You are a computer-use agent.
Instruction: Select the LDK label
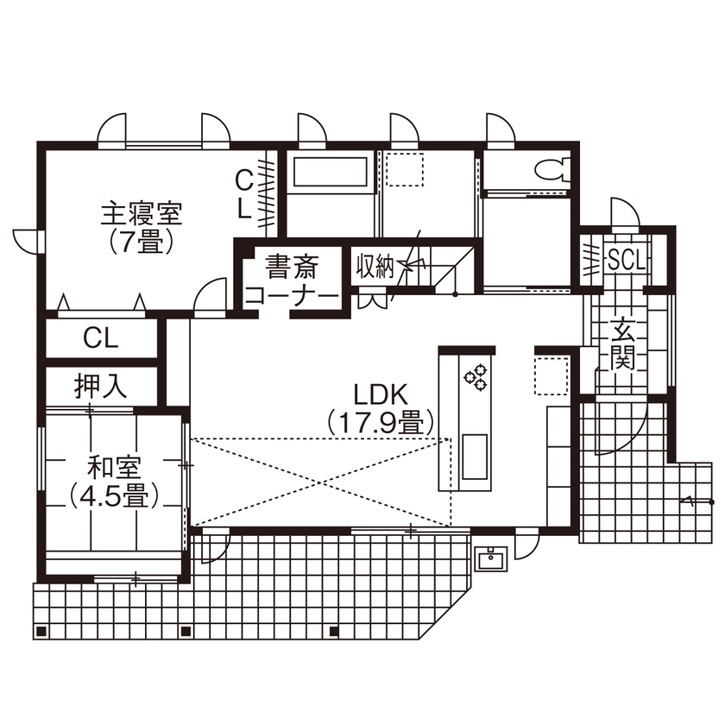click(380, 394)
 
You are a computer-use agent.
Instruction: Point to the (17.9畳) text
click(380, 423)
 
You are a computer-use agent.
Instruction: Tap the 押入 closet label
click(100, 386)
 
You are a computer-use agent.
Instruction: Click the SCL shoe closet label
click(626, 259)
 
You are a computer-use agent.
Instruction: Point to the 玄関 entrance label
click(621, 343)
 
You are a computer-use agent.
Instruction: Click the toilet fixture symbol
click(549, 167)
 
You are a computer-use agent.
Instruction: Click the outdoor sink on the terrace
click(491, 558)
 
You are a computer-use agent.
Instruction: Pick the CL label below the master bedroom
click(100, 337)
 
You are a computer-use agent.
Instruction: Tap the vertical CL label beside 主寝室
click(244, 193)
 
